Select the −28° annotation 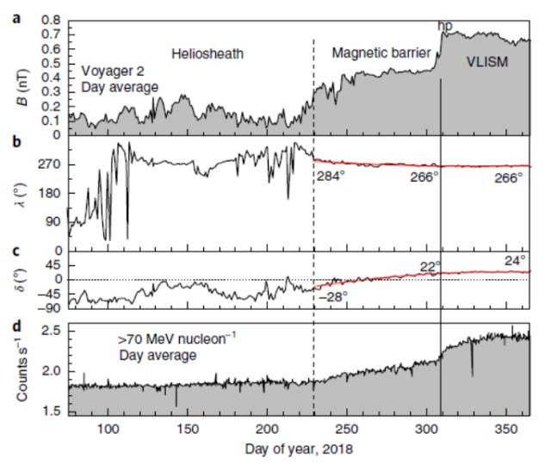tap(332, 297)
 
